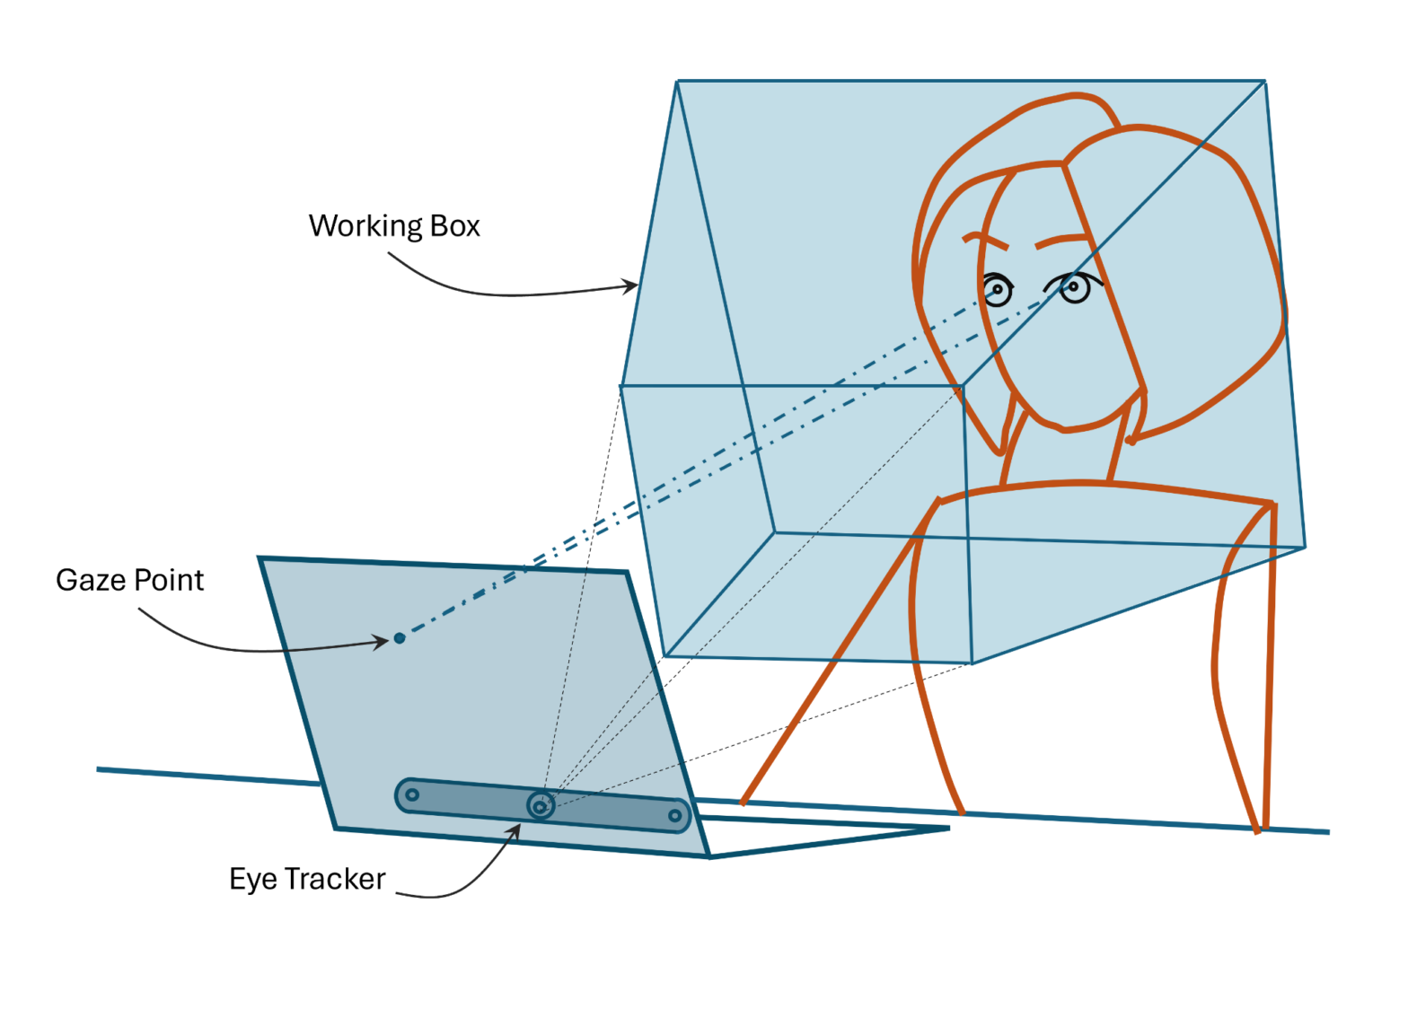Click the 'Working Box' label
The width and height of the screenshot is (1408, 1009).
point(394,225)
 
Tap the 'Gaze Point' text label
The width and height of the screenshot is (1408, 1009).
point(129,580)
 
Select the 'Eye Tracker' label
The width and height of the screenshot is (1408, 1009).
point(307,878)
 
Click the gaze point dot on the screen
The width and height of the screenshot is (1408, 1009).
point(400,638)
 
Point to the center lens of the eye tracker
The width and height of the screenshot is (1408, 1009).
point(540,806)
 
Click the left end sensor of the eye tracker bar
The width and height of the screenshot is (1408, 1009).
point(411,794)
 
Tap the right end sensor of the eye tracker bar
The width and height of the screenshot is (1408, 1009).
point(674,816)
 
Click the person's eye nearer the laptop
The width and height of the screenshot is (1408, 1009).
point(997,290)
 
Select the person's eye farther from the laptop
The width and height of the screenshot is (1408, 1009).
point(1074,287)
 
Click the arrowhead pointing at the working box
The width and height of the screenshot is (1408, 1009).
point(631,286)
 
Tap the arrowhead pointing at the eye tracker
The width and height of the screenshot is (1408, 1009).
point(515,831)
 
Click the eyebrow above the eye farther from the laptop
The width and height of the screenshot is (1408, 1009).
point(1063,241)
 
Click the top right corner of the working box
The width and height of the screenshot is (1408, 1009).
point(1264,82)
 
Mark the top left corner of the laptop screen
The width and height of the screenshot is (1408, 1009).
point(260,558)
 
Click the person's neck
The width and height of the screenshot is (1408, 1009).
point(1060,458)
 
